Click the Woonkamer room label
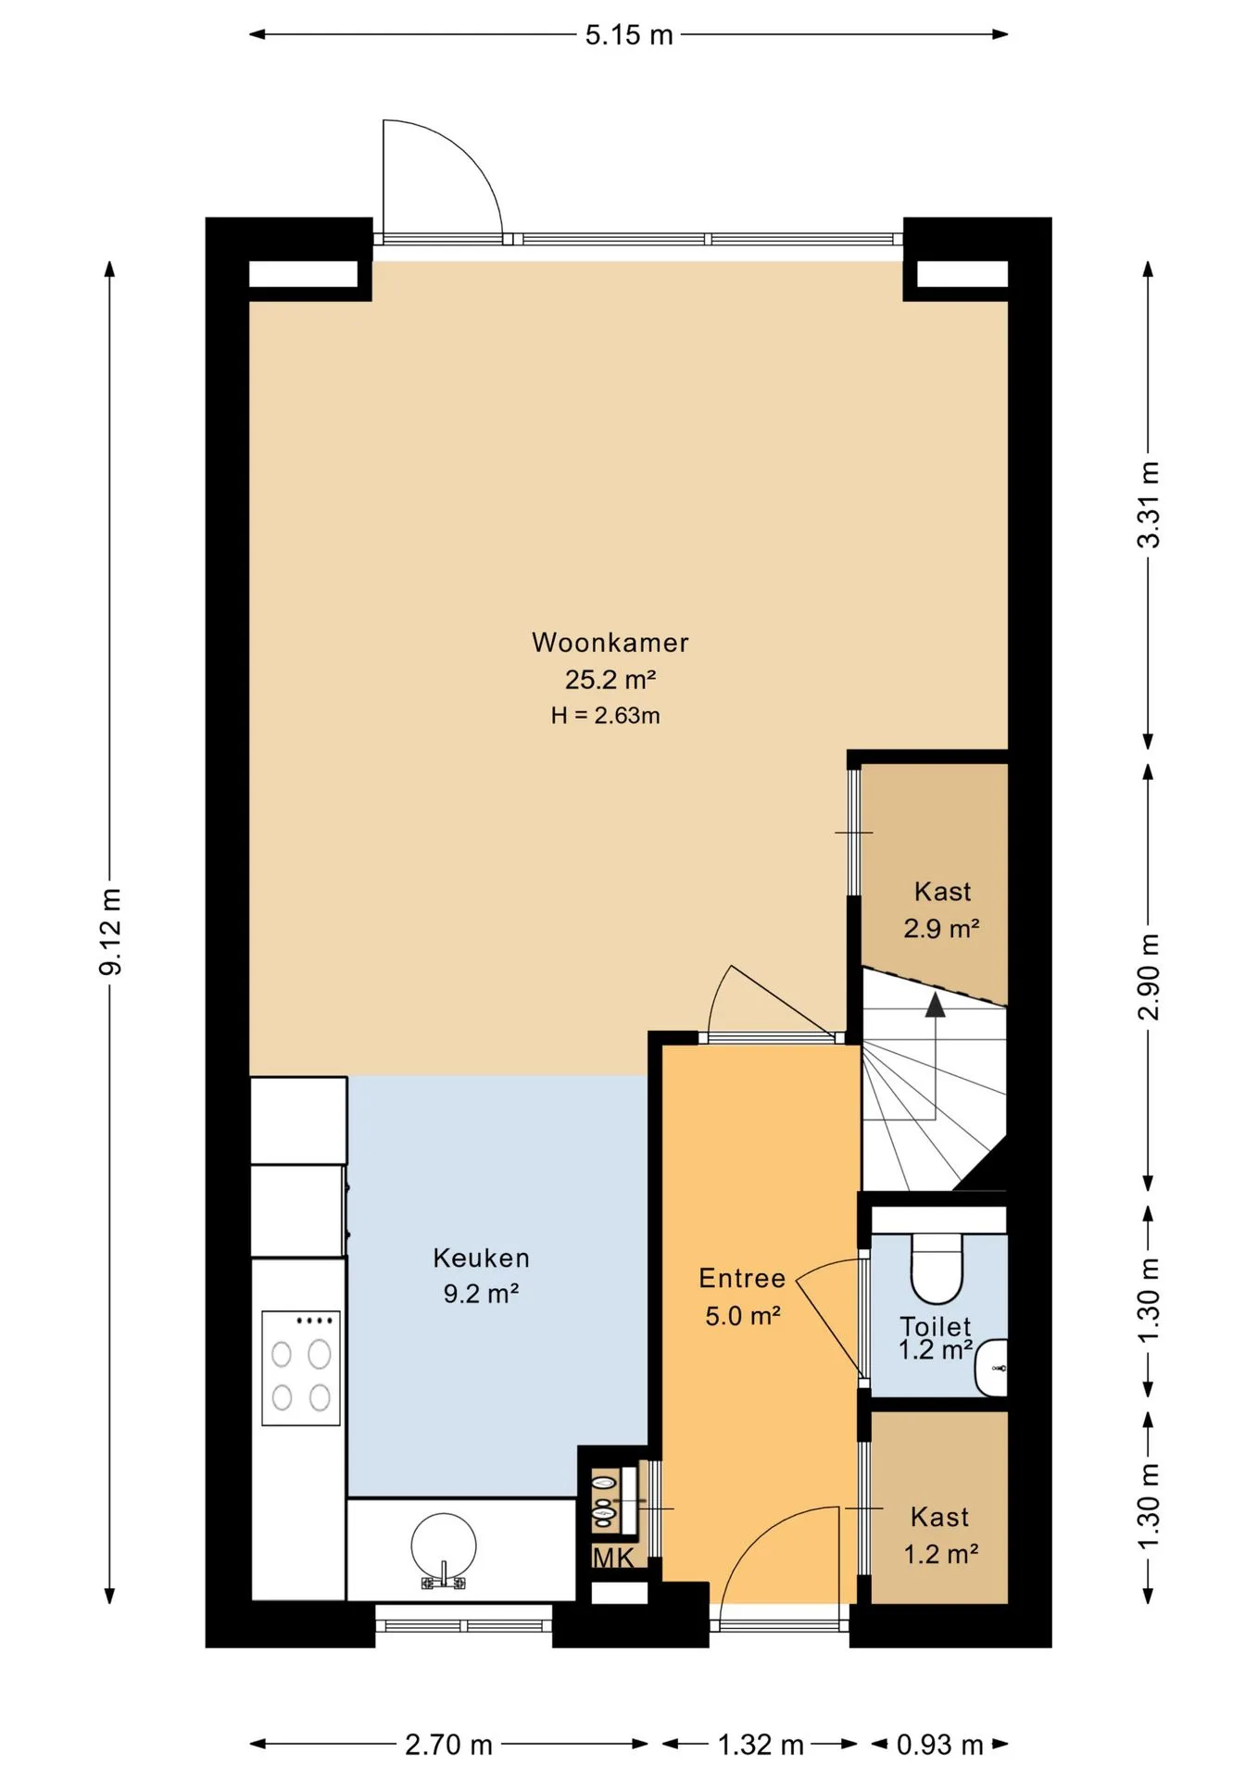click(610, 642)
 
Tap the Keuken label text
click(481, 1258)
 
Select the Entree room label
click(742, 1278)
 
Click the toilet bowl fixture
click(937, 1267)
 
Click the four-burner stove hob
click(300, 1368)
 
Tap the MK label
click(613, 1558)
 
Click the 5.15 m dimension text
click(628, 35)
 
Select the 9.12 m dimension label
click(111, 932)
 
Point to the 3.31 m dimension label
click(1148, 505)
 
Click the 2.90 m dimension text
click(1148, 976)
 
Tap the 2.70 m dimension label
click(448, 1745)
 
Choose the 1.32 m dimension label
click(761, 1745)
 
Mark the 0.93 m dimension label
click(939, 1745)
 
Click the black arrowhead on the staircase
click(936, 1004)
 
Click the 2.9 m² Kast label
click(942, 909)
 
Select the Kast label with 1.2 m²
click(940, 1534)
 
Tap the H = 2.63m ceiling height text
click(605, 715)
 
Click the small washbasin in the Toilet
click(992, 1367)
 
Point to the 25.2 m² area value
click(610, 679)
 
